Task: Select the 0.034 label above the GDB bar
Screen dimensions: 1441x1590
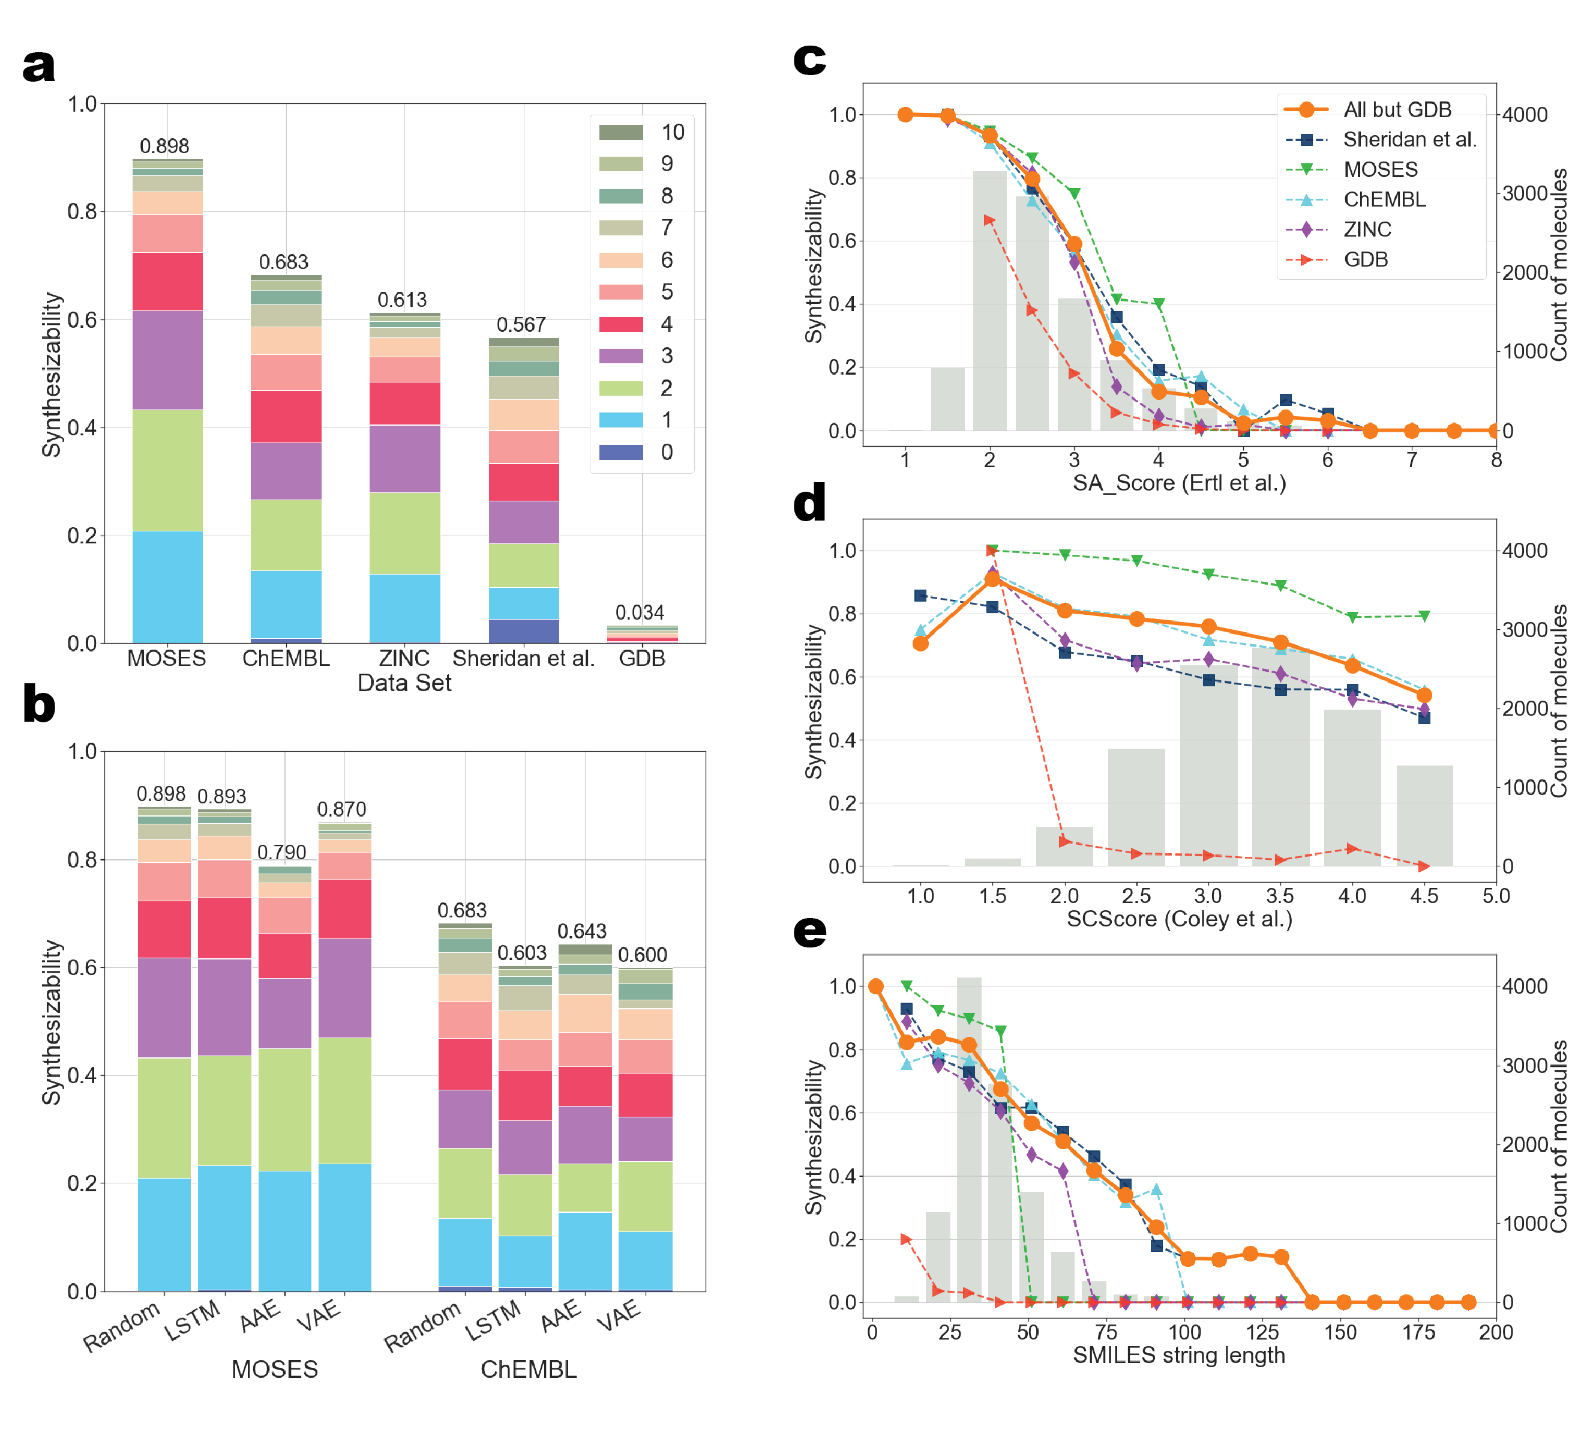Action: pyautogui.click(x=640, y=612)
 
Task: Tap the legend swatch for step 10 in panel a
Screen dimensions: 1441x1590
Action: pyautogui.click(x=622, y=131)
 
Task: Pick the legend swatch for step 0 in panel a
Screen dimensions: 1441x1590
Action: pyautogui.click(x=622, y=452)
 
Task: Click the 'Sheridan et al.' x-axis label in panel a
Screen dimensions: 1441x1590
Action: pyautogui.click(x=524, y=658)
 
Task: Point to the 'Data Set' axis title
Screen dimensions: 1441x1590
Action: pyautogui.click(x=404, y=683)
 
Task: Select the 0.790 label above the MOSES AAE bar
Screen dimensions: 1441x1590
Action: pyautogui.click(x=281, y=852)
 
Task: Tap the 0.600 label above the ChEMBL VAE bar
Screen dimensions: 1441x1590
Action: pyautogui.click(x=643, y=955)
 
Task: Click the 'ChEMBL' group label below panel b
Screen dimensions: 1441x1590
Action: pyautogui.click(x=529, y=1369)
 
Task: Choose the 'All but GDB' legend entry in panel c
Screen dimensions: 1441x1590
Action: pyautogui.click(x=1397, y=110)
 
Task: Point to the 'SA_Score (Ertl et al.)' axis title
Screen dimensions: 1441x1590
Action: pyautogui.click(x=1179, y=483)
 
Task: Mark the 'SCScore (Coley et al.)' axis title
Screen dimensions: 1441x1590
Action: pyautogui.click(x=1179, y=919)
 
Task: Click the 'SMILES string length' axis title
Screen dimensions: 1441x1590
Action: pyautogui.click(x=1179, y=1355)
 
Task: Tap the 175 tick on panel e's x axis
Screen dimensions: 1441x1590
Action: pyautogui.click(x=1418, y=1332)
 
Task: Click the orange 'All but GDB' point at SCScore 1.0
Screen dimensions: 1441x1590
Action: pyautogui.click(x=920, y=644)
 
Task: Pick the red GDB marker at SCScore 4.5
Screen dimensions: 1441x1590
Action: pyautogui.click(x=1424, y=866)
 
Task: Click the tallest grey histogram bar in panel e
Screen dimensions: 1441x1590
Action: pyautogui.click(x=970, y=1140)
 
